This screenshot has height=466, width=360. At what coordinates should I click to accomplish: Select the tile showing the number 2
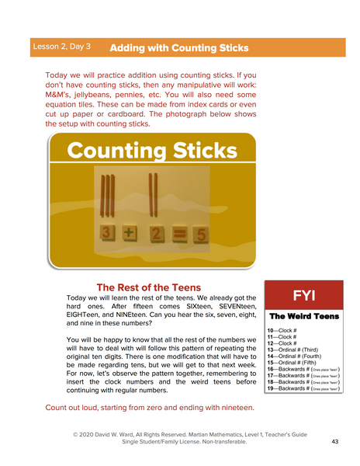[x=155, y=235]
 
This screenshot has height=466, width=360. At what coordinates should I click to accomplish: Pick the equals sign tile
[x=178, y=235]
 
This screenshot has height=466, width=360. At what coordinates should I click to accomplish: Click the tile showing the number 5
[x=199, y=235]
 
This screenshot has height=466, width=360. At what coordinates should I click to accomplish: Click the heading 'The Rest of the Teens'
[x=148, y=287]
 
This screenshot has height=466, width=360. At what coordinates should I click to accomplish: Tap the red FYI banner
[x=303, y=296]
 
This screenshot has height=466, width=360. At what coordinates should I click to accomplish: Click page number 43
[x=335, y=441]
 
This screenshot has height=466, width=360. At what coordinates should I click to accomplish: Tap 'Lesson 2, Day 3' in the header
[x=62, y=47]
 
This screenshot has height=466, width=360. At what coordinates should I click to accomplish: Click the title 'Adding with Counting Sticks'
[x=179, y=48]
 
